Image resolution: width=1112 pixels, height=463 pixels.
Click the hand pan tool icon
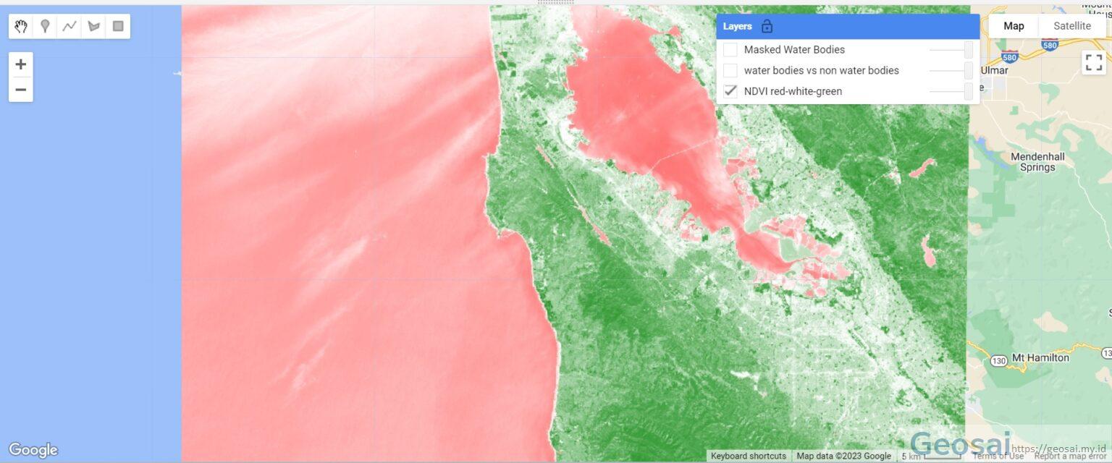point(21,27)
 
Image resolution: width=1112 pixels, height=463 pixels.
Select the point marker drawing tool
point(45,27)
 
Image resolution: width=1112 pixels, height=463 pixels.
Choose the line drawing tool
point(69,27)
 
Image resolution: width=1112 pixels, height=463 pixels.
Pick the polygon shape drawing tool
point(93,27)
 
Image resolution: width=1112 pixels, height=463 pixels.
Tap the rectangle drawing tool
point(118,27)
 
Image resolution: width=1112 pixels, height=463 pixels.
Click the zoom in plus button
point(21,64)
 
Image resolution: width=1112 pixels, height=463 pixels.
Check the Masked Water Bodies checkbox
point(730,50)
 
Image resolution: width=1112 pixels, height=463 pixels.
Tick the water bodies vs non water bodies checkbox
point(730,70)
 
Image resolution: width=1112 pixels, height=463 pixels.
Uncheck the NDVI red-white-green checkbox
point(730,91)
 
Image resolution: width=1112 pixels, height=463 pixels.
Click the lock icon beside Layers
point(767,27)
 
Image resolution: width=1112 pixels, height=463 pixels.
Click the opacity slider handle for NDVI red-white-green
point(969,91)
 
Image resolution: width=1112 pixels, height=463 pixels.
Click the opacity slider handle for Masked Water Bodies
point(969,50)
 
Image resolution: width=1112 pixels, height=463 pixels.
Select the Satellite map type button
point(1071,26)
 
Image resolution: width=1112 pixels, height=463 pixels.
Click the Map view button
point(1014,26)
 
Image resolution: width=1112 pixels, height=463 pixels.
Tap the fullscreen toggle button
point(1093,63)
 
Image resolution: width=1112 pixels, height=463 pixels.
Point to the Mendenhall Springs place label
point(1037,161)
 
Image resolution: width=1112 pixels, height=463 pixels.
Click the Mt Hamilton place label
point(1040,357)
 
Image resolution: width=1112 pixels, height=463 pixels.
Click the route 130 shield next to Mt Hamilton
point(999,360)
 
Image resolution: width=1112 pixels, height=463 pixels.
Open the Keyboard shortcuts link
point(748,456)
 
